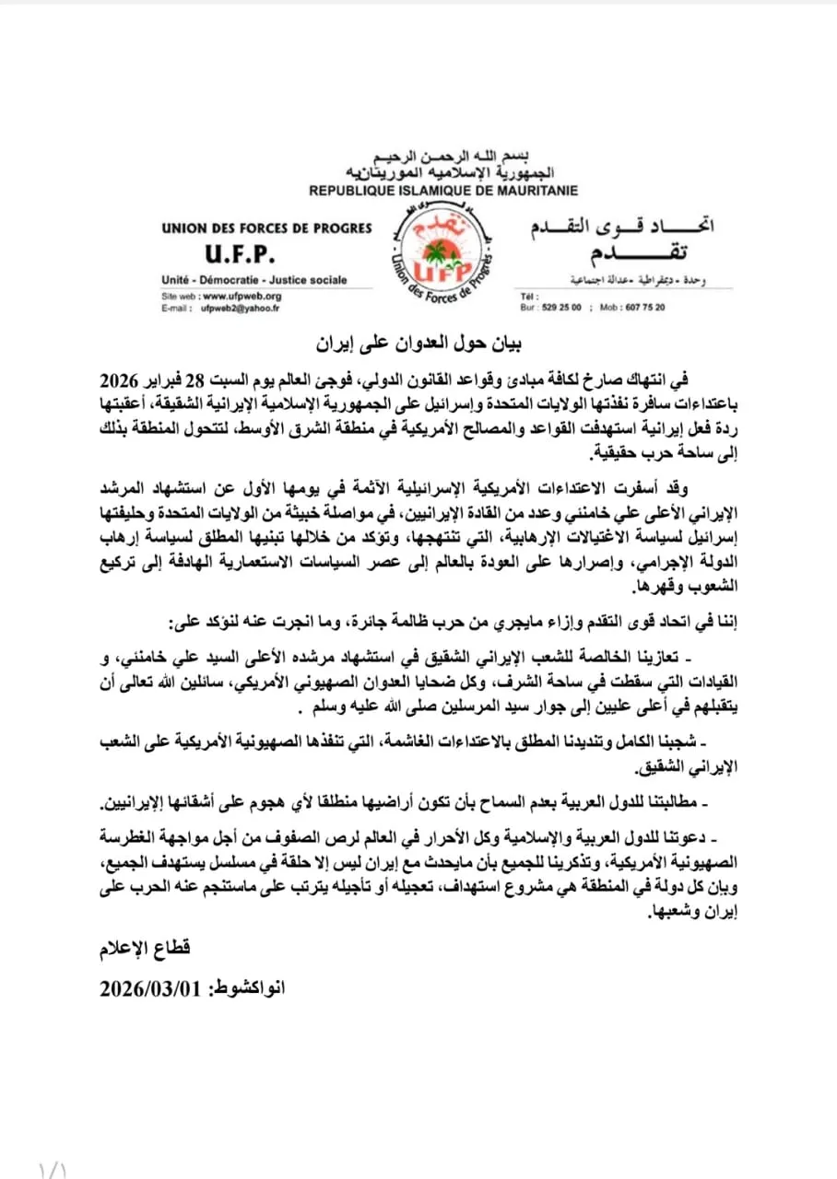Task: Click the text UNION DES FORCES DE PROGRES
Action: point(265,228)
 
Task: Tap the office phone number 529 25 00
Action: point(562,309)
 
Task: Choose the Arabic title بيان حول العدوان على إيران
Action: point(417,347)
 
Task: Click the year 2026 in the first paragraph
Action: point(118,381)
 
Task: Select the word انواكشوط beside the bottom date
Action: point(251,988)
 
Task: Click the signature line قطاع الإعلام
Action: point(144,949)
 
